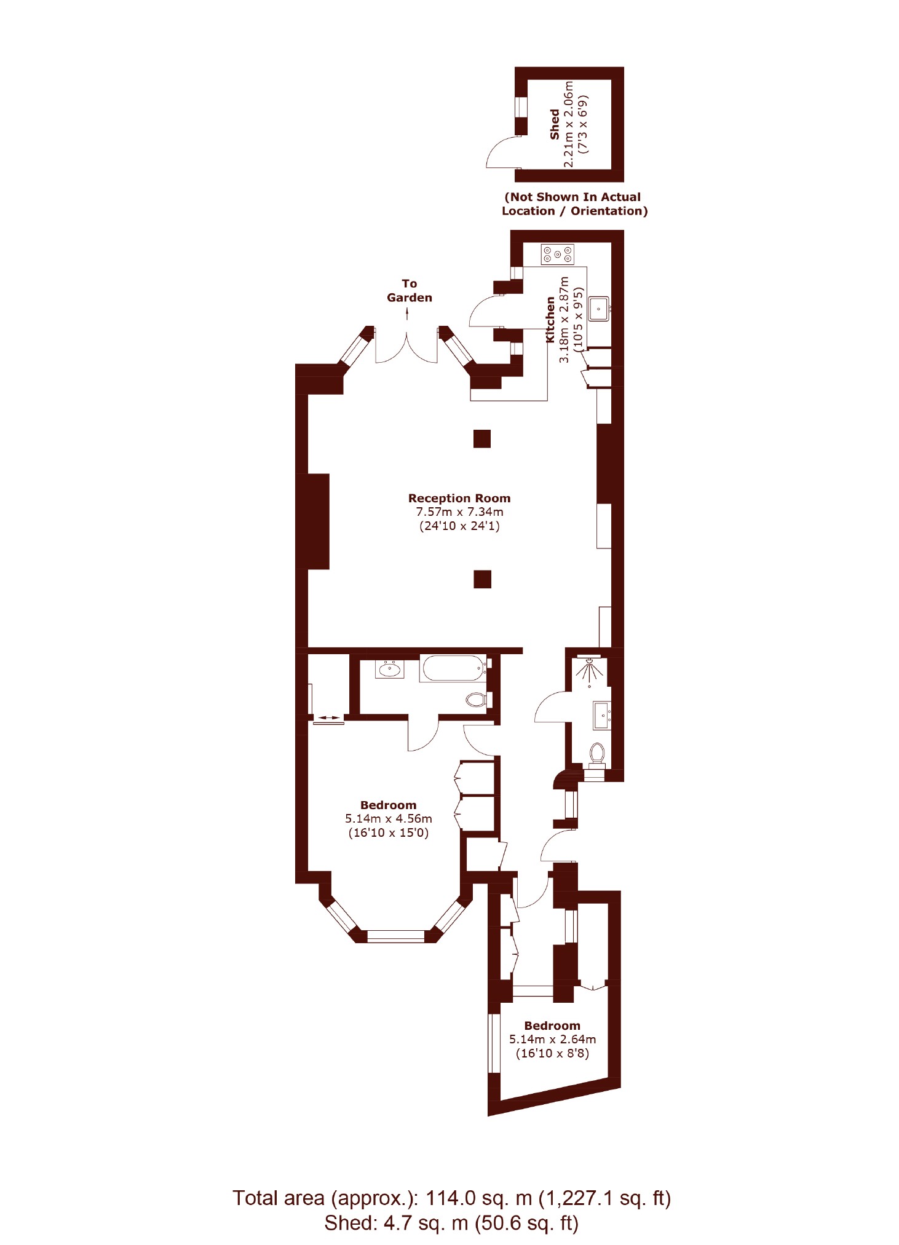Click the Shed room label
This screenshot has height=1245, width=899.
(554, 124)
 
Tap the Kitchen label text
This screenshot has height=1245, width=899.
(550, 320)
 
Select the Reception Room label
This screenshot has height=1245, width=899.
(459, 498)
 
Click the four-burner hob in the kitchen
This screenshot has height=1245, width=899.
(557, 254)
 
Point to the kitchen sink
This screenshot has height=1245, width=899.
(598, 309)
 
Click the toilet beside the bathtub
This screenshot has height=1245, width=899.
(476, 700)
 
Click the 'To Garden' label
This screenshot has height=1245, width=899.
(410, 290)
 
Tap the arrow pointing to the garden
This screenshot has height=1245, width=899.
(407, 314)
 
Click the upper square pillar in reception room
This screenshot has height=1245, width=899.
(482, 438)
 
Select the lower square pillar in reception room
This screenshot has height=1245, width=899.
(482, 579)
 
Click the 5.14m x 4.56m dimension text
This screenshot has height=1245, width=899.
(389, 819)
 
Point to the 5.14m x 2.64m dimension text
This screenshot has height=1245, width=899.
(552, 1039)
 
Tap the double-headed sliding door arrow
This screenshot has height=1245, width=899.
(328, 717)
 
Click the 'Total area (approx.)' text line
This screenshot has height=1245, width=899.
(451, 1198)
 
